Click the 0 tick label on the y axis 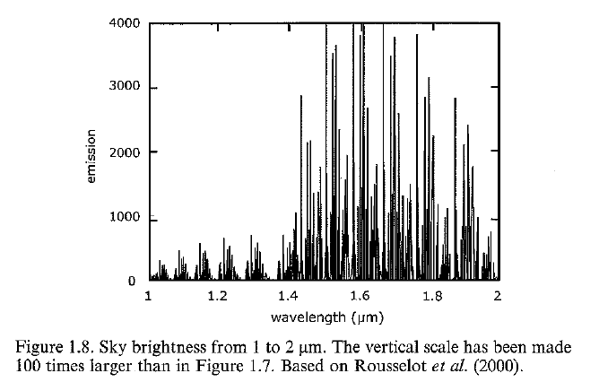click(x=131, y=281)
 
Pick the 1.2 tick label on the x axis click(x=217, y=296)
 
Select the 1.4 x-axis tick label click(x=287, y=296)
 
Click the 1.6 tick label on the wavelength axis click(x=358, y=296)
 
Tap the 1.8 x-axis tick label click(x=428, y=296)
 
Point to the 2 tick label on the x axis click(x=497, y=296)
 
